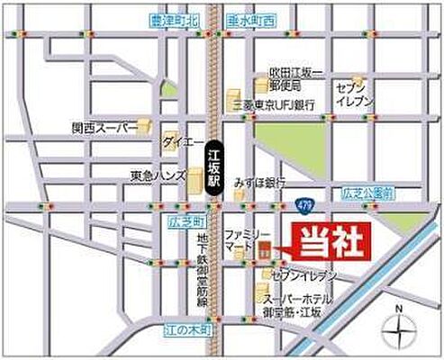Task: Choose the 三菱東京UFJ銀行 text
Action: [x=274, y=104]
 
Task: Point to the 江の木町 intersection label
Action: [x=188, y=330]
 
